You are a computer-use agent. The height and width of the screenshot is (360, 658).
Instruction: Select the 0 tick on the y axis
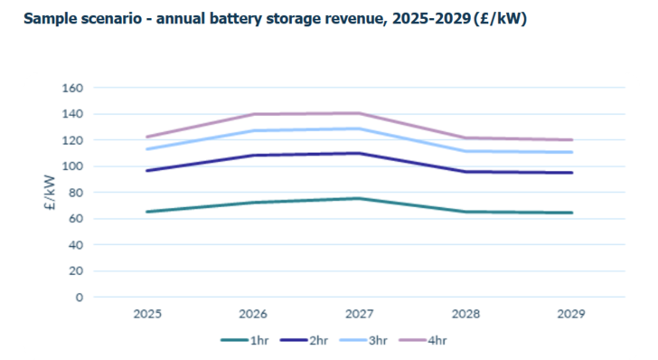79,297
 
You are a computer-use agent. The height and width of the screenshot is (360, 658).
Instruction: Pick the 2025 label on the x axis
147,314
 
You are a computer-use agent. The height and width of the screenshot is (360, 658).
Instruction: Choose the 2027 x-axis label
359,314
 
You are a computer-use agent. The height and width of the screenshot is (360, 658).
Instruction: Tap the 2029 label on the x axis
571,314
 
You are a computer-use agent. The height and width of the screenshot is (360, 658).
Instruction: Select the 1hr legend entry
247,340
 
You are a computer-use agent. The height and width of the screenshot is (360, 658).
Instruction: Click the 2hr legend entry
308,340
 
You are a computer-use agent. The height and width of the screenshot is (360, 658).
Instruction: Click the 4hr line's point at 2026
253,114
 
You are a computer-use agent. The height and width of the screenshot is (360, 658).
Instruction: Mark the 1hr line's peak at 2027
359,198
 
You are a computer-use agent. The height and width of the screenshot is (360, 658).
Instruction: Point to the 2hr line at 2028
465,172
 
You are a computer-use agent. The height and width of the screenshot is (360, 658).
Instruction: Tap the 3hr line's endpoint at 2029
571,152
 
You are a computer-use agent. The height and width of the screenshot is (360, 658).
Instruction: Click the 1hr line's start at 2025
147,212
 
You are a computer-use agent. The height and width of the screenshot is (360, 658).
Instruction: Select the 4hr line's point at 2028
465,138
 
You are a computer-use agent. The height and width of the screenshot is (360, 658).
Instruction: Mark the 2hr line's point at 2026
253,156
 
